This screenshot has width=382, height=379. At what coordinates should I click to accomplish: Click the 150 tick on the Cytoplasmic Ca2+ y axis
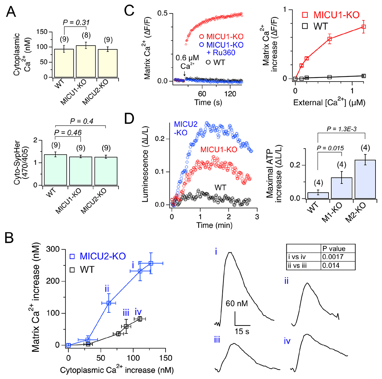45,32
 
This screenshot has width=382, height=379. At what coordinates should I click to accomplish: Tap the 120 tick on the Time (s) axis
227,91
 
